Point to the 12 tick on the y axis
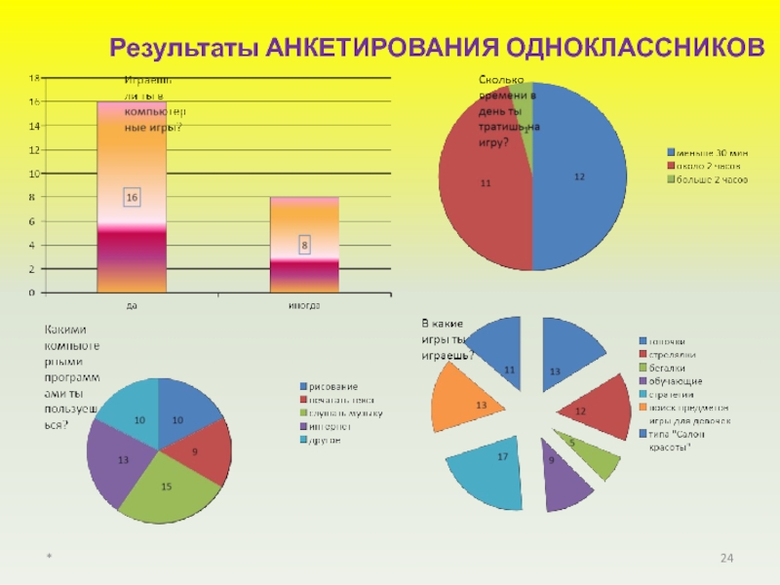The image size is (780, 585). (x=33, y=150)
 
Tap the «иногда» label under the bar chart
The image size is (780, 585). (x=304, y=305)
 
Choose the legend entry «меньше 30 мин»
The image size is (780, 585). (x=706, y=151)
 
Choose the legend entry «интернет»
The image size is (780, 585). (x=331, y=426)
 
